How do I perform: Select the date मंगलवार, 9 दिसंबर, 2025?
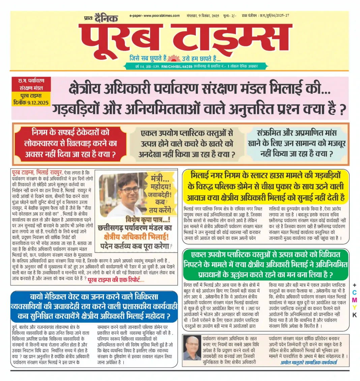pos(202,16)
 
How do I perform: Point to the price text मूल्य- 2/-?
pos(230,16)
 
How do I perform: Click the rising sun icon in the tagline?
pos(174,58)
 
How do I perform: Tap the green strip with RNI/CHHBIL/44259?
pos(196,66)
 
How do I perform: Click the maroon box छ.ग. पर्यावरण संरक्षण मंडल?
pos(31,85)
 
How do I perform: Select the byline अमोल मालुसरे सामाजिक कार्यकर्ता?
pos(308,362)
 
